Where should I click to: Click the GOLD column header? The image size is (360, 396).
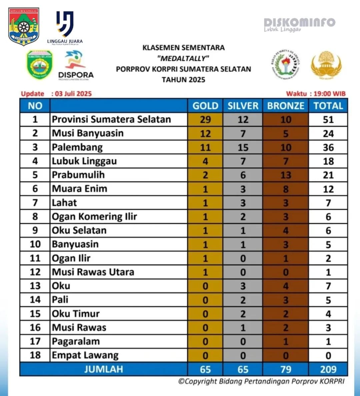click(x=205, y=106)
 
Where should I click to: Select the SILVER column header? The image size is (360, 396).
click(x=243, y=106)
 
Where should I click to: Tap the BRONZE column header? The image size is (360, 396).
click(x=286, y=106)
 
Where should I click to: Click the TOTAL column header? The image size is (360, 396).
click(x=328, y=106)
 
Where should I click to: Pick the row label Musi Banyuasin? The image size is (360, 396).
click(x=88, y=133)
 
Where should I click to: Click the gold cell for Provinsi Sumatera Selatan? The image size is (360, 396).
click(x=205, y=120)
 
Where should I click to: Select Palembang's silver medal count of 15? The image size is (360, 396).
click(x=243, y=147)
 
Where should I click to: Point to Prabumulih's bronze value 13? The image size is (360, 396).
click(x=286, y=175)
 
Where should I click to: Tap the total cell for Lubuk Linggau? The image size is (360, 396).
click(x=328, y=161)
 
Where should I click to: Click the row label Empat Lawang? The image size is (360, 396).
click(x=85, y=355)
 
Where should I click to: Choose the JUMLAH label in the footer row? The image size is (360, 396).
click(x=103, y=369)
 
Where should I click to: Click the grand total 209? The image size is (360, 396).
click(x=328, y=369)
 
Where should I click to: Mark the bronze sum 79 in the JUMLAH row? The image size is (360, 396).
click(x=286, y=369)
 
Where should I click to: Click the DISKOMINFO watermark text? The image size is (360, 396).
click(x=299, y=23)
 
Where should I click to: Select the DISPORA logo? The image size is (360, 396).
click(x=76, y=65)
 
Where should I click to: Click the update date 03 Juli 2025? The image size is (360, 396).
click(x=73, y=94)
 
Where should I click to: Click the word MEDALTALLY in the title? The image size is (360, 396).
click(x=183, y=58)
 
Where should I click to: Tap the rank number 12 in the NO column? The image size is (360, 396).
click(x=35, y=272)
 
